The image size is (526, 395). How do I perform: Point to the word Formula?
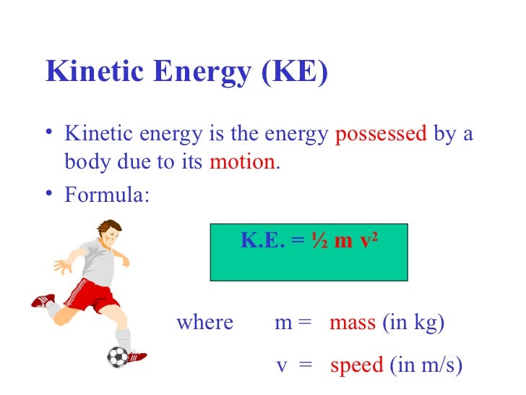click(x=108, y=195)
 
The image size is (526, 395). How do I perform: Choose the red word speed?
click(x=356, y=365)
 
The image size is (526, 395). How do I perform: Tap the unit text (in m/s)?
click(x=426, y=365)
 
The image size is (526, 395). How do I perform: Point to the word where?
click(x=204, y=323)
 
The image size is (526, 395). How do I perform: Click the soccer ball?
click(x=117, y=356)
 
